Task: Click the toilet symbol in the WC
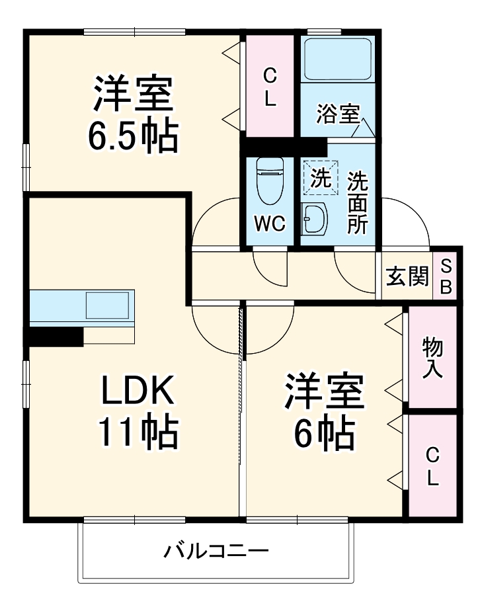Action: coord(269,180)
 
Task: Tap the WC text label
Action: coord(270,223)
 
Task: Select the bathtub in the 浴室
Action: coord(338,60)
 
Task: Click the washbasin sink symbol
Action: coord(314,219)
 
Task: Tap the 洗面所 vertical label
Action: coord(358,202)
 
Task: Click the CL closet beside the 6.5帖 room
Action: coord(270,86)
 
